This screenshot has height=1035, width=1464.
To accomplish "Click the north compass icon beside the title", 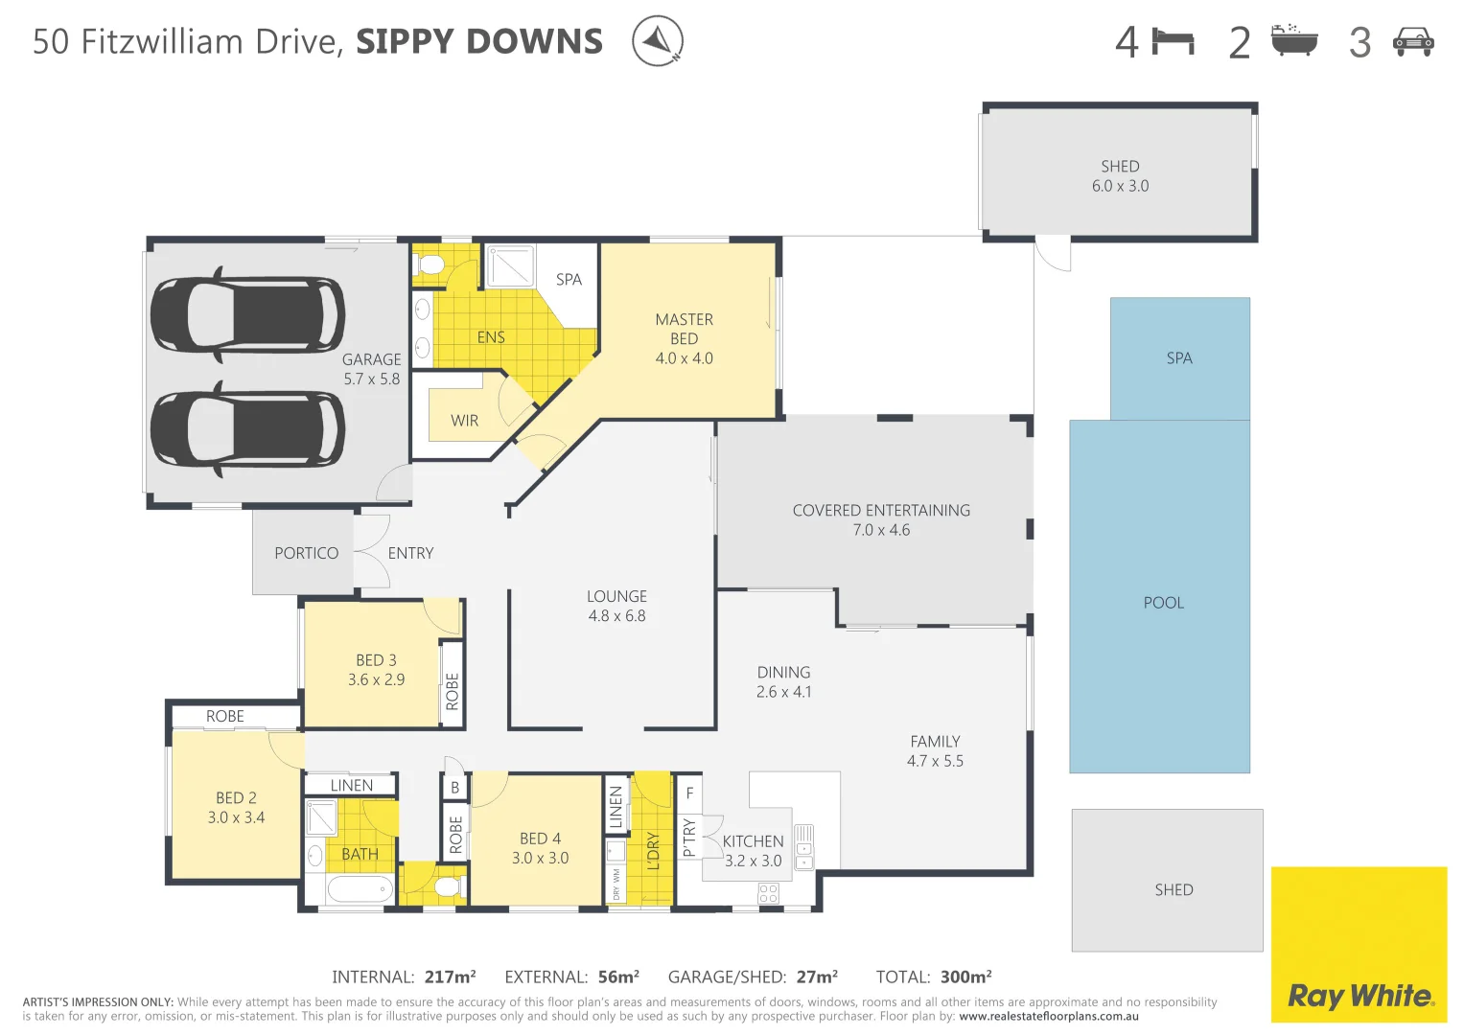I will [x=657, y=41].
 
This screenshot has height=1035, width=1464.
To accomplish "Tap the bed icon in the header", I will [x=1174, y=42].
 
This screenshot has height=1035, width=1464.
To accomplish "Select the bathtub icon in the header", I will [x=1294, y=41].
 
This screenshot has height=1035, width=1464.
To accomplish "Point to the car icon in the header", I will [x=1412, y=42].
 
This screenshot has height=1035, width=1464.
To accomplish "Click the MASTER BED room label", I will [x=684, y=329].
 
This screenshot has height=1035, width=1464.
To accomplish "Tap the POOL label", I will [x=1163, y=603].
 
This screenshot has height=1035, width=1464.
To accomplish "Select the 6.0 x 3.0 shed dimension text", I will [x=1120, y=186].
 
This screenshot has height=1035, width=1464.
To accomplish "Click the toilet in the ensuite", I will [x=431, y=264].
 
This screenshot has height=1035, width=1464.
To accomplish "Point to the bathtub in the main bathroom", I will [x=360, y=888].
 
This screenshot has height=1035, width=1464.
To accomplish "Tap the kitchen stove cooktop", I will [x=768, y=893].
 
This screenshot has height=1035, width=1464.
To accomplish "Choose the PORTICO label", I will [x=306, y=553].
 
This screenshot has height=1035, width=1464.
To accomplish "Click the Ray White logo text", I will [x=1359, y=996].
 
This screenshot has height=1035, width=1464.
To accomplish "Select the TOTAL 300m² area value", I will [x=965, y=977].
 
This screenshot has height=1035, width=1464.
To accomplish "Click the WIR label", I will [x=464, y=421].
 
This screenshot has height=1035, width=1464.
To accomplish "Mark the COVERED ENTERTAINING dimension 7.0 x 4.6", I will [x=881, y=530].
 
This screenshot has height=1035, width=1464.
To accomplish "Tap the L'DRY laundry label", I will [x=653, y=850].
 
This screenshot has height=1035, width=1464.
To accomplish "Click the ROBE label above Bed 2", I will [x=224, y=716].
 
